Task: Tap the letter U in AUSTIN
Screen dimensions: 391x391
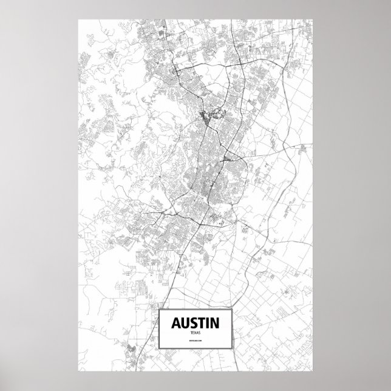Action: click(x=182, y=322)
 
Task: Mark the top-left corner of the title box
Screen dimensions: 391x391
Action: click(x=158, y=310)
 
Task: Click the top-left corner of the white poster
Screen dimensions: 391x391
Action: click(x=78, y=19)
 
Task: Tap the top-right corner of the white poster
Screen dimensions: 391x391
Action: click(x=313, y=19)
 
